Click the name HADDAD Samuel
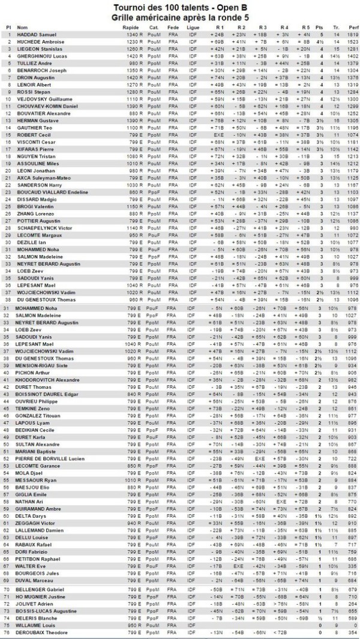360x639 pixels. pyautogui.click(x=37, y=35)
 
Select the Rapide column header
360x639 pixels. pyautogui.click(x=130, y=28)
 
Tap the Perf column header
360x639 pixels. pyautogui.click(x=353, y=28)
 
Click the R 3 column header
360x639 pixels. pyautogui.click(x=262, y=28)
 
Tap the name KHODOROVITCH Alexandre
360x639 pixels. pyautogui.click(x=48, y=380)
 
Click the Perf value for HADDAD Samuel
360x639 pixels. pyautogui.click(x=353, y=35)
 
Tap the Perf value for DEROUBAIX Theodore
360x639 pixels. pyautogui.click(x=353, y=632)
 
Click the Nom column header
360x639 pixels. pyautogui.click(x=22, y=28)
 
